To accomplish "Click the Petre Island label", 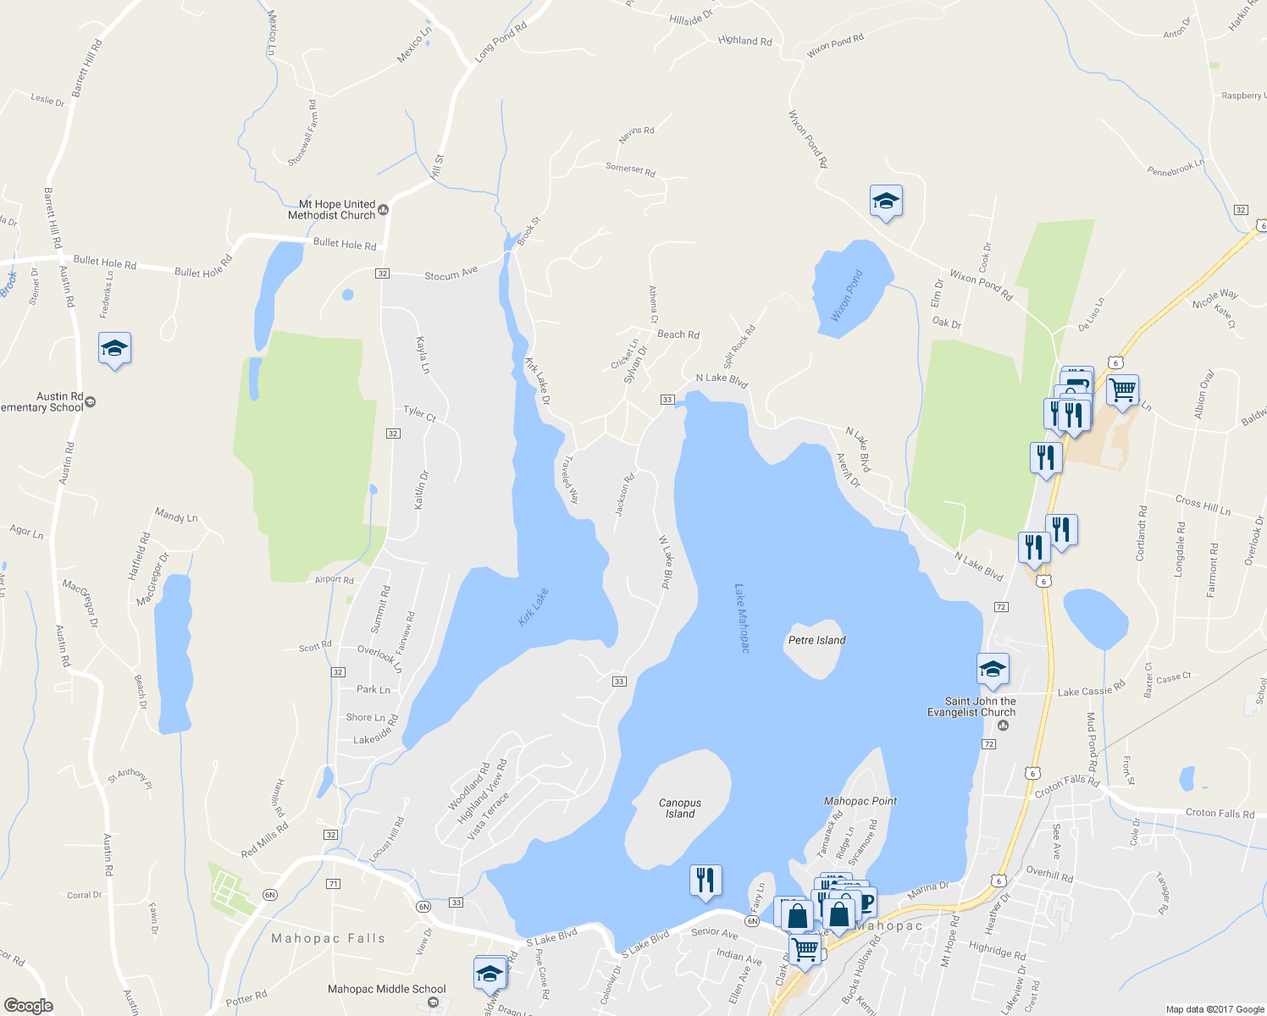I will point(816,640).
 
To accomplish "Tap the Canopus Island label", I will point(680,809).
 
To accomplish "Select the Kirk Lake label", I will point(534,607).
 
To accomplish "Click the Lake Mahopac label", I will point(742,618).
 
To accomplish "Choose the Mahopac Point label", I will point(860,801).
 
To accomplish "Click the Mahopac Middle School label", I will point(387,989).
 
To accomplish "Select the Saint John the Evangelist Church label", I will point(971,707).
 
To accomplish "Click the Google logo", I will point(28,1005).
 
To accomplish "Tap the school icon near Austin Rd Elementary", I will point(114,349).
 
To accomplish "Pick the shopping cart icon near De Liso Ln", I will point(1122,391).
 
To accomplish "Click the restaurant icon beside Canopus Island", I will point(705,881).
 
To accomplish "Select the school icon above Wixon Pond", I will point(886,202).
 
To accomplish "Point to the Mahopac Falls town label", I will point(328,938).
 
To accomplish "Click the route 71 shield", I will point(333,884).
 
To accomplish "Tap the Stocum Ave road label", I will point(451,273).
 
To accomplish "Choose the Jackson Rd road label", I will point(624,495).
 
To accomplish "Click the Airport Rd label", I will point(334,580).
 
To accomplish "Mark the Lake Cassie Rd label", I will point(1091,690).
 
